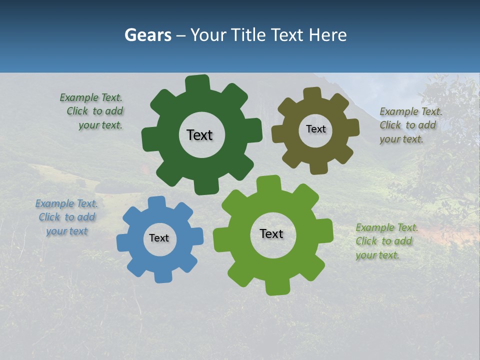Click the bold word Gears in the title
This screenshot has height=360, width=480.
tap(147, 35)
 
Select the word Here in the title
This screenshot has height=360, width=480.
tap(327, 35)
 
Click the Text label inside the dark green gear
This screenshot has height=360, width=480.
tap(199, 135)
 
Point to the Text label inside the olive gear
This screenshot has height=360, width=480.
tap(315, 129)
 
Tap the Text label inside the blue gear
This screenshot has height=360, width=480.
tap(159, 238)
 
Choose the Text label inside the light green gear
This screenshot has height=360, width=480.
tap(271, 233)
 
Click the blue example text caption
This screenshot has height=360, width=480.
tap(66, 217)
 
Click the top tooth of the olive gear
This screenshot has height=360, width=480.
tap(312, 93)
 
